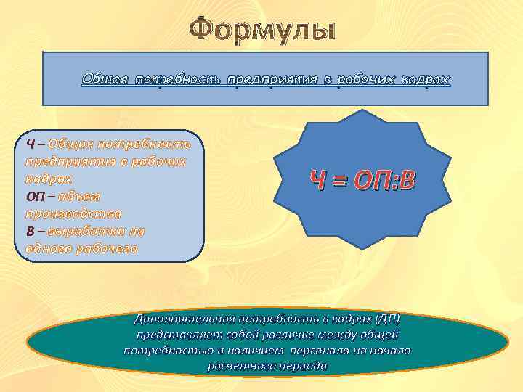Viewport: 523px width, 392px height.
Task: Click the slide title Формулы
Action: click(262, 30)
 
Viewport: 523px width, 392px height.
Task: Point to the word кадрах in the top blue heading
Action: click(425, 79)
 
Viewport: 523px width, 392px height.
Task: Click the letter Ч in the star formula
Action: click(317, 181)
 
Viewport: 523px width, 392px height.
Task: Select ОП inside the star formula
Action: click(369, 181)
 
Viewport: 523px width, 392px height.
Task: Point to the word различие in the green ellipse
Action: click(315, 335)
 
